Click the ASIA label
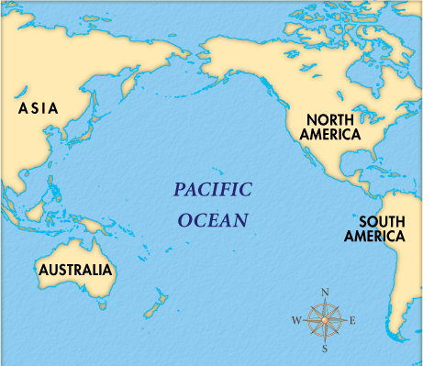click(x=38, y=108)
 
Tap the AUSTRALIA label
click(x=75, y=271)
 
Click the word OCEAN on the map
click(x=213, y=220)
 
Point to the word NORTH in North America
click(x=331, y=119)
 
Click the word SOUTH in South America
click(x=383, y=221)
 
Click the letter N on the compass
click(x=325, y=293)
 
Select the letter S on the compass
click(x=325, y=349)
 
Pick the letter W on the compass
click(x=295, y=321)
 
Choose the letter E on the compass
click(x=353, y=321)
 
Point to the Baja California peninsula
click(x=303, y=153)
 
